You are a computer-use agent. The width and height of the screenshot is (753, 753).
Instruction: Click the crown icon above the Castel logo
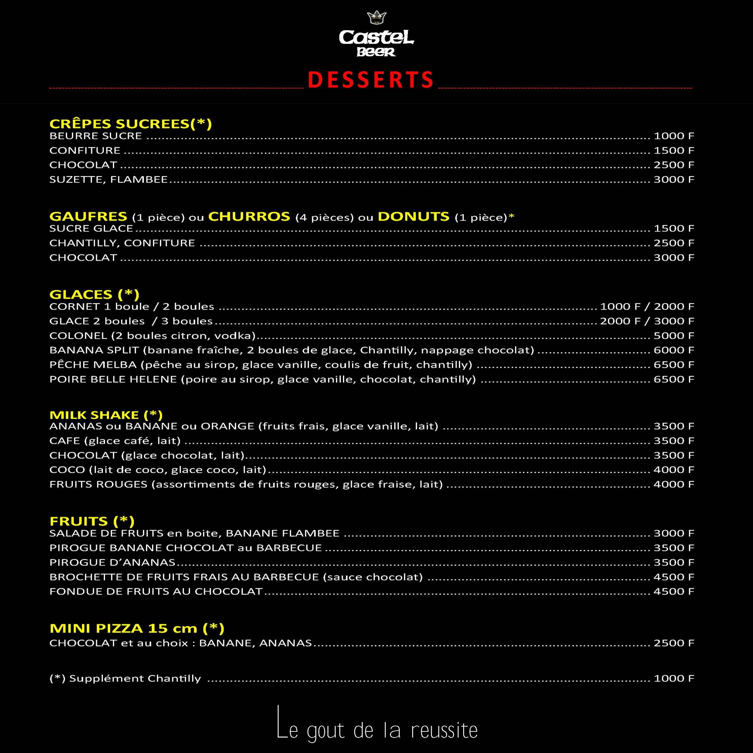tap(376, 18)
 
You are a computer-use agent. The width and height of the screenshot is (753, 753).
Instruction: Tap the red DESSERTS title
tap(371, 81)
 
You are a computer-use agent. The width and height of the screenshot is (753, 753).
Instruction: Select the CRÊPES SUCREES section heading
tap(131, 124)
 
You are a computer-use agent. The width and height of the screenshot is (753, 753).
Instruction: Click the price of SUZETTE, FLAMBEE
tap(674, 179)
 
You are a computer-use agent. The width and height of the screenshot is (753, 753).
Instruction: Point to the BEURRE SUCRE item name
tap(96, 136)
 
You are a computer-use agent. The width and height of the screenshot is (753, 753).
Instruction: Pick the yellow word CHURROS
tap(249, 216)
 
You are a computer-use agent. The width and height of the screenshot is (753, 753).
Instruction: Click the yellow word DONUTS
tap(413, 216)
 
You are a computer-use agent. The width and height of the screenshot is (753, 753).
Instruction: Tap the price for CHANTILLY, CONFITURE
tap(674, 243)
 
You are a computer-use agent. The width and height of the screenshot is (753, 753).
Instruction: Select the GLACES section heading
tap(94, 294)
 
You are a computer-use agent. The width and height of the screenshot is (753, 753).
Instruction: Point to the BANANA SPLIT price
tap(674, 350)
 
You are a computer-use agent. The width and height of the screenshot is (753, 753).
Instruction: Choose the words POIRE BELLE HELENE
tap(113, 380)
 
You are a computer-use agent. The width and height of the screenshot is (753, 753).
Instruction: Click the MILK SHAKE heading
tap(106, 415)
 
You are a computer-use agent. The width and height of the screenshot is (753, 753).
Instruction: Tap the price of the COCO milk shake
tap(674, 470)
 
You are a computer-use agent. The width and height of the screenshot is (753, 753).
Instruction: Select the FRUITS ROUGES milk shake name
tap(99, 484)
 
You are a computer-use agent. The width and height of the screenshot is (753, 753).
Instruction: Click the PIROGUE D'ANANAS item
tap(112, 563)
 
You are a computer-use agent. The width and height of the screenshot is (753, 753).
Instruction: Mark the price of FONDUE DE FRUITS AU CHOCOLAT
tap(674, 591)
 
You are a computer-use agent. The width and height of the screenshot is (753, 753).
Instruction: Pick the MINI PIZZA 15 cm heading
tap(137, 628)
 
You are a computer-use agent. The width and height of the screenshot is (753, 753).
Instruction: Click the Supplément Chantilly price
tap(674, 678)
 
